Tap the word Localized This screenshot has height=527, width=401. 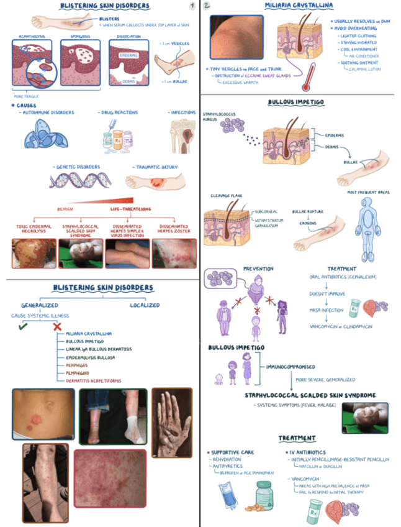(145, 305)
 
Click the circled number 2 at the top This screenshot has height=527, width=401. (207, 6)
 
